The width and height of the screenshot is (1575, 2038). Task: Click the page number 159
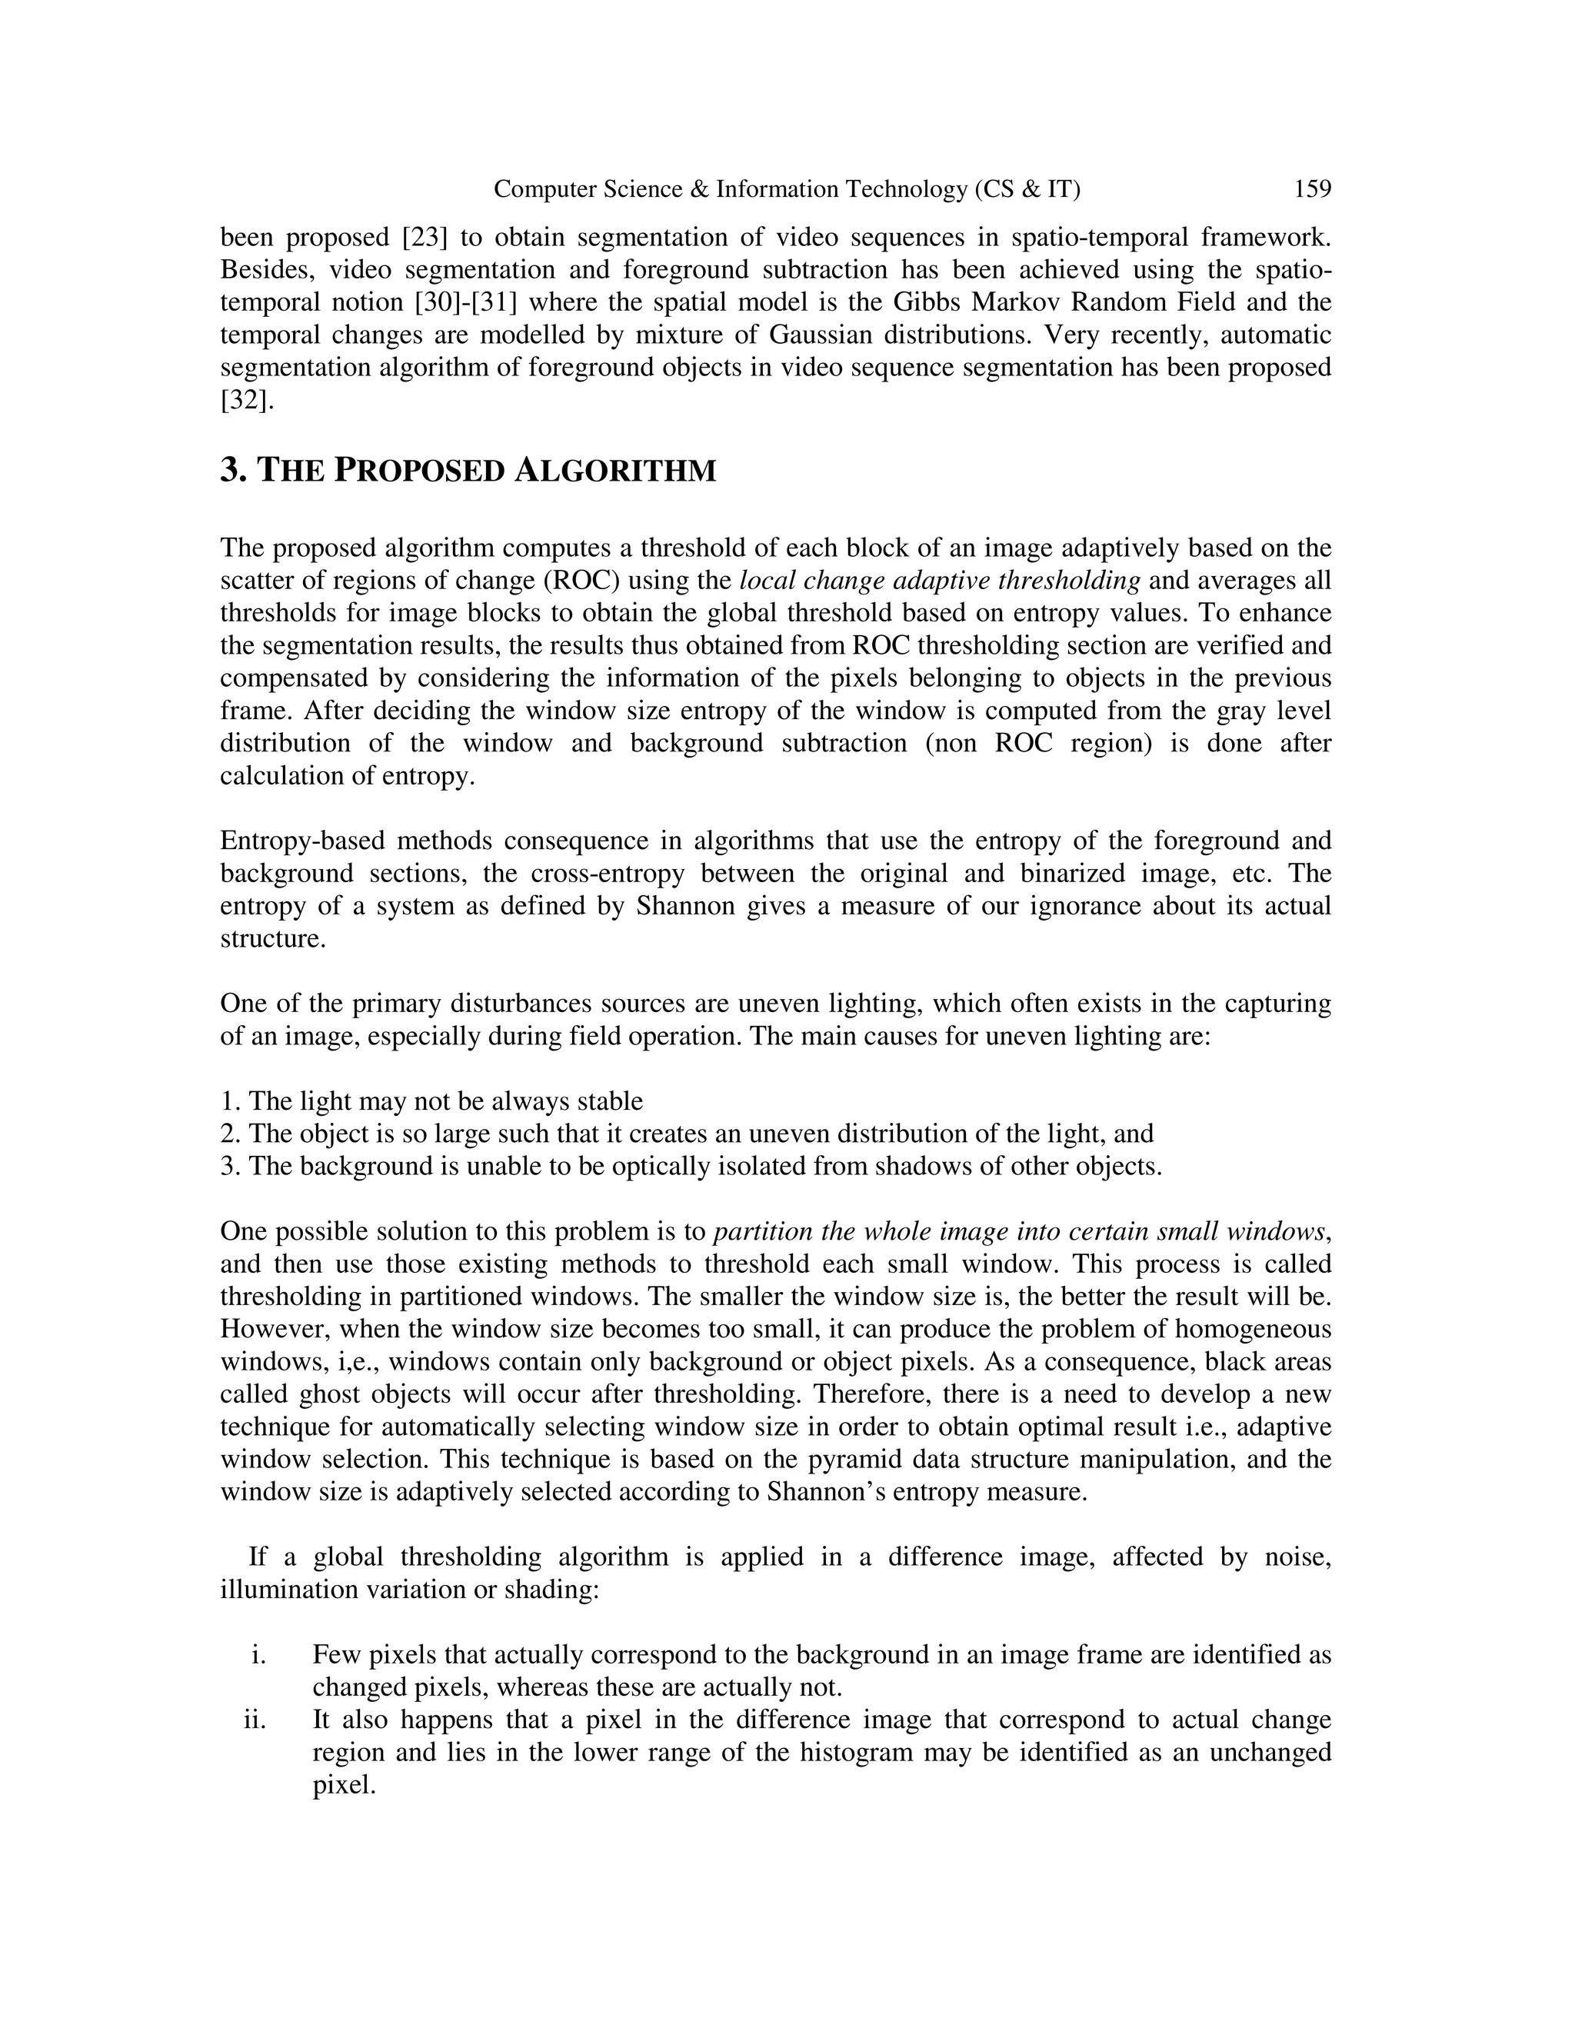(1312, 189)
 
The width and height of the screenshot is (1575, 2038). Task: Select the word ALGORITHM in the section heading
(615, 471)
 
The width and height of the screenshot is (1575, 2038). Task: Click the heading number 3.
(232, 471)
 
